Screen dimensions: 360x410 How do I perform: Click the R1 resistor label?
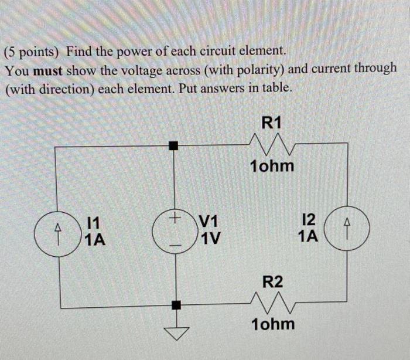coord(272,123)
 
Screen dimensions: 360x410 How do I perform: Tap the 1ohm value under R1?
coord(271,167)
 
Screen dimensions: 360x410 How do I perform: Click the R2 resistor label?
coord(272,281)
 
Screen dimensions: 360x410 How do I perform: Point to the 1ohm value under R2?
coord(272,324)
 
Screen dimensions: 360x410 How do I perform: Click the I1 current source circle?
coord(56,230)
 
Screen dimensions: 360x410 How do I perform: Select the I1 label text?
coord(93,222)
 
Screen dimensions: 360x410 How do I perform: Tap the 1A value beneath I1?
coord(95,239)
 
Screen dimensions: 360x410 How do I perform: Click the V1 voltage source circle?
coord(174,230)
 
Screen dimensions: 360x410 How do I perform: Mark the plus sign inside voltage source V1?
coord(174,218)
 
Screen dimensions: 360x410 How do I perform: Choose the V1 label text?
coord(209,222)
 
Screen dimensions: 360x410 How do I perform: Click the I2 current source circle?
coord(348,230)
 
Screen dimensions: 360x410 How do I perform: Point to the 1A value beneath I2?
coord(308,237)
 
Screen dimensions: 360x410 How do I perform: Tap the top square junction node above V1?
coord(173,145)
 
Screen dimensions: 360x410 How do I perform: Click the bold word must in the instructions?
coord(47,70)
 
